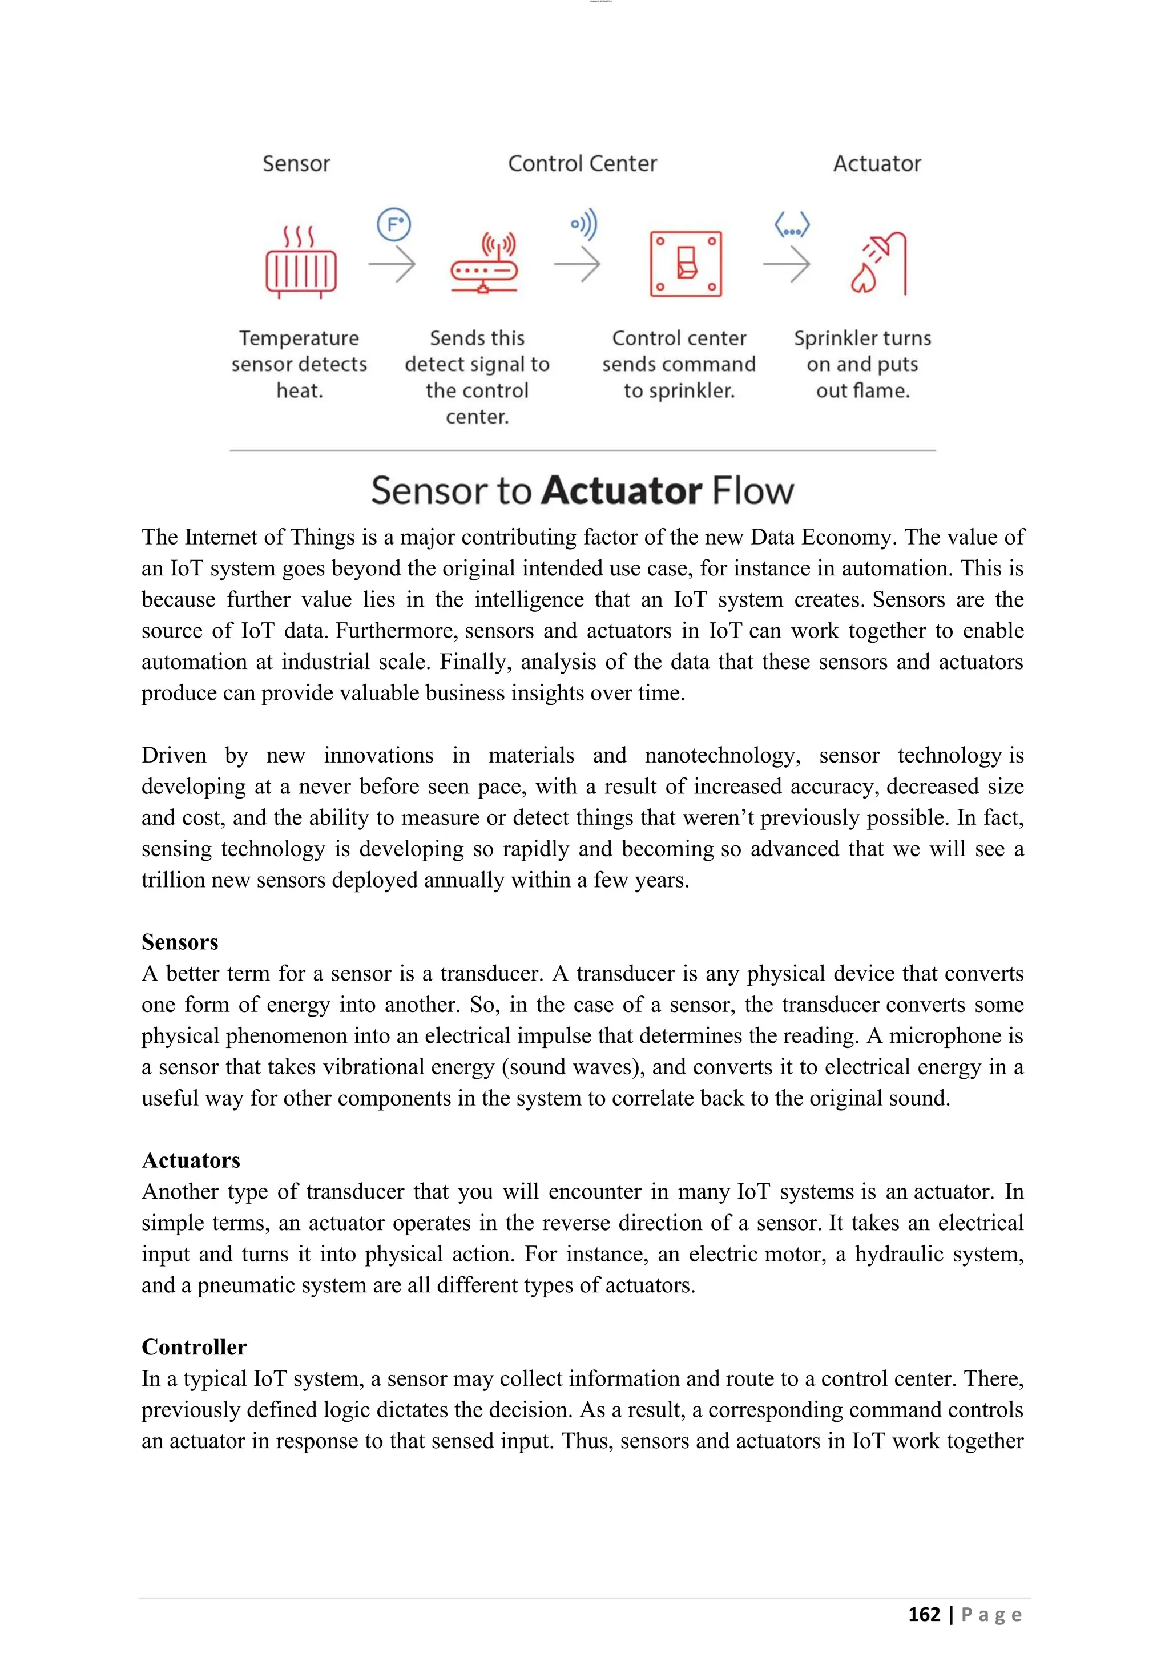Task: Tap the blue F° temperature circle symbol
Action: (x=394, y=225)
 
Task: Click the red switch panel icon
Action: (x=686, y=264)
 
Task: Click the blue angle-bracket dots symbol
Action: (x=792, y=225)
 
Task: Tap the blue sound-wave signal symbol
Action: (x=584, y=225)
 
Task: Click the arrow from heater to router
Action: (x=392, y=264)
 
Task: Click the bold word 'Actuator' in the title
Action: (x=621, y=491)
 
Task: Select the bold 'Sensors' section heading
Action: (x=179, y=942)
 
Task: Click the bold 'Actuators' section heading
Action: (x=191, y=1160)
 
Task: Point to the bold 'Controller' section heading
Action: (x=194, y=1347)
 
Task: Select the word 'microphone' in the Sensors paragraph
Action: (x=945, y=1035)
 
